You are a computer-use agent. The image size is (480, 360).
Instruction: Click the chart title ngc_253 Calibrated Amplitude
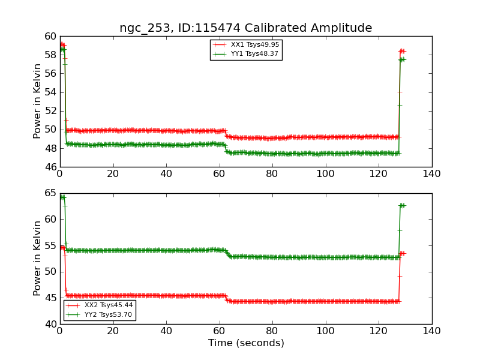pos(245,28)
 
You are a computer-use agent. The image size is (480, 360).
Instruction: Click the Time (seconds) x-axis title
pos(246,343)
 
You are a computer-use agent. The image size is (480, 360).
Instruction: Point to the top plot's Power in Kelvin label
pos(37,101)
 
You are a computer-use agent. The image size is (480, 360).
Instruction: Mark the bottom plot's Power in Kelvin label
pos(37,258)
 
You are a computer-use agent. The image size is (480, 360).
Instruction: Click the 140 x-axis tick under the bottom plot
pos(431,331)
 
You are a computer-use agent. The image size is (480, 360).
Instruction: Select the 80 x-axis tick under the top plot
pos(272,173)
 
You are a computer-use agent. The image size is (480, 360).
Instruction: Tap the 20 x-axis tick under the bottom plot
pos(113,331)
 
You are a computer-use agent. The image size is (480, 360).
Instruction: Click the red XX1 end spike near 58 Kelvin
pos(402,51)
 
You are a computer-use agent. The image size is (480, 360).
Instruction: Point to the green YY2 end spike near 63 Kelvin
pos(402,205)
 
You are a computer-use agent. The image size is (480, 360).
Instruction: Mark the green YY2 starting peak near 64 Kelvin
pos(62,197)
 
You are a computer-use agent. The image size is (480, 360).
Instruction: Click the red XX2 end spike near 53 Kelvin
pos(402,253)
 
